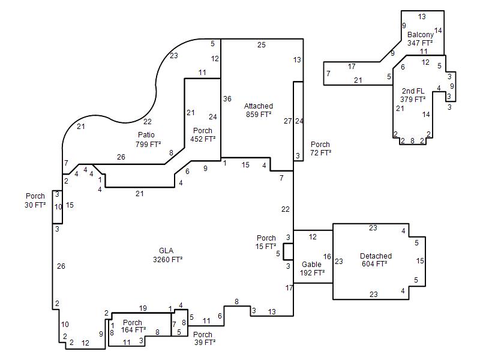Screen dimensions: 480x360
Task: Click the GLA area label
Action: [x=166, y=250]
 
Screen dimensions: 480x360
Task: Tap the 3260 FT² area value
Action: [x=168, y=259]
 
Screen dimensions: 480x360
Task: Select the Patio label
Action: [x=146, y=134]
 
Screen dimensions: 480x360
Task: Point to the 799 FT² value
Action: [x=148, y=144]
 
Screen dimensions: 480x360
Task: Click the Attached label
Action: [x=259, y=106]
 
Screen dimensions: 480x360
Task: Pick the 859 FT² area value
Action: [x=259, y=114]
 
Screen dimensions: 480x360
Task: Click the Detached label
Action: [x=376, y=256]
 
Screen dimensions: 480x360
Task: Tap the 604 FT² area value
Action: [x=374, y=263]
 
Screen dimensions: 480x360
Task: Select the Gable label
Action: [x=311, y=264]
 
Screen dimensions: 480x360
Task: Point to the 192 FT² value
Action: [x=312, y=272]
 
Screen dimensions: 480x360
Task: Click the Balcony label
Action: [x=421, y=35]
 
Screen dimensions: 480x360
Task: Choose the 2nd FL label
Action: [x=413, y=91]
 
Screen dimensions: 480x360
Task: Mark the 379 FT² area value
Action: [x=413, y=99]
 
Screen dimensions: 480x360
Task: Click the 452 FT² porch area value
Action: [x=203, y=139]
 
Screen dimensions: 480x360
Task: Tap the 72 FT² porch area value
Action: [x=320, y=152]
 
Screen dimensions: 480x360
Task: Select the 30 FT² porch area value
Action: [x=35, y=205]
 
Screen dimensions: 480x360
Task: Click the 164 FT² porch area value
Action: [x=133, y=329]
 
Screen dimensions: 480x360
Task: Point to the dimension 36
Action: [x=227, y=98]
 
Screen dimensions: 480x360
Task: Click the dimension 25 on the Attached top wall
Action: [x=261, y=44]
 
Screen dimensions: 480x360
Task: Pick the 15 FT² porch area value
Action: [x=266, y=246]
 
